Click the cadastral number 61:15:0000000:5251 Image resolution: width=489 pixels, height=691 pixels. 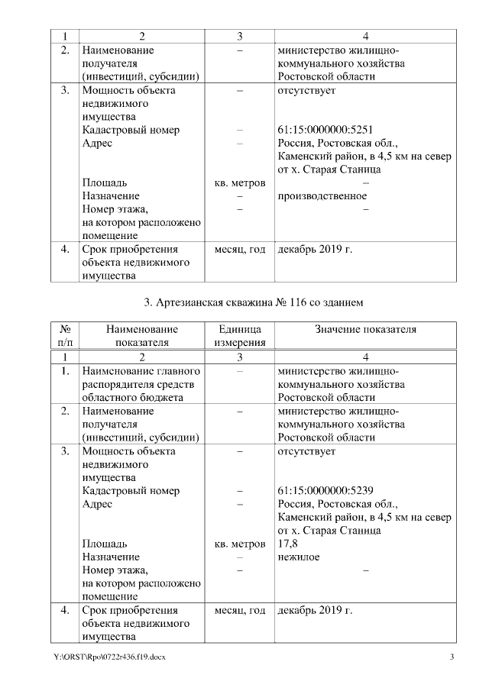click(x=325, y=130)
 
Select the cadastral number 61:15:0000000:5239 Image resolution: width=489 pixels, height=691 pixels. click(x=325, y=491)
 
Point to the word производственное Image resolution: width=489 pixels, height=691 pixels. click(x=322, y=196)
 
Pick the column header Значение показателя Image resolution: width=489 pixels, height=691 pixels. click(x=365, y=329)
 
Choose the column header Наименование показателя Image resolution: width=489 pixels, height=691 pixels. click(x=141, y=335)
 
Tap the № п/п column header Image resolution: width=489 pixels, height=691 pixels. click(x=65, y=335)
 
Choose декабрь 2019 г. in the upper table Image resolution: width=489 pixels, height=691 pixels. click(x=315, y=249)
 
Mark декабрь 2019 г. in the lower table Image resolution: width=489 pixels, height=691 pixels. click(x=315, y=610)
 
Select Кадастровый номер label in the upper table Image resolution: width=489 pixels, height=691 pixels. click(x=131, y=130)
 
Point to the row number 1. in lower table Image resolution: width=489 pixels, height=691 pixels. click(x=65, y=371)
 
